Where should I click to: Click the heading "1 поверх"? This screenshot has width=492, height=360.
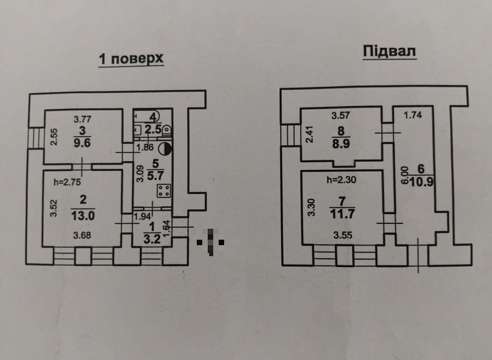point(131,59)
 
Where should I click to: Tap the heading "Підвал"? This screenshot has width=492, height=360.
point(389,51)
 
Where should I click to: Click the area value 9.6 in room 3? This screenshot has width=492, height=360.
point(82,143)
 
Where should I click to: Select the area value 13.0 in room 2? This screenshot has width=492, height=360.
point(83,216)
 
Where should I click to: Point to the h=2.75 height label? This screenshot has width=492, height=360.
point(67,182)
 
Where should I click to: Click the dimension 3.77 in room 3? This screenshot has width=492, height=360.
point(82,119)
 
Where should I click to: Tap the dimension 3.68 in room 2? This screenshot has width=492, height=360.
point(82,235)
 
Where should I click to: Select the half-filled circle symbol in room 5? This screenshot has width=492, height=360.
point(165,149)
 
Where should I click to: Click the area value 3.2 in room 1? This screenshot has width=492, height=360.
point(152,239)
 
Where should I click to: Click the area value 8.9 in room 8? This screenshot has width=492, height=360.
point(341,144)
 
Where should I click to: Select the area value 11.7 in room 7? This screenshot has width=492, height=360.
point(342,214)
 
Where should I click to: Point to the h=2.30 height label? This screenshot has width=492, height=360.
point(341,180)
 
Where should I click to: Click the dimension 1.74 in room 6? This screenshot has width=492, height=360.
point(413,115)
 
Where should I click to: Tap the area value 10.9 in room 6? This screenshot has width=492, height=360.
point(422,182)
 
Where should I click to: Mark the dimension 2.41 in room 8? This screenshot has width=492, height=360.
point(310,134)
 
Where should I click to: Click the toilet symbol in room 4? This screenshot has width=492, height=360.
point(167,130)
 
